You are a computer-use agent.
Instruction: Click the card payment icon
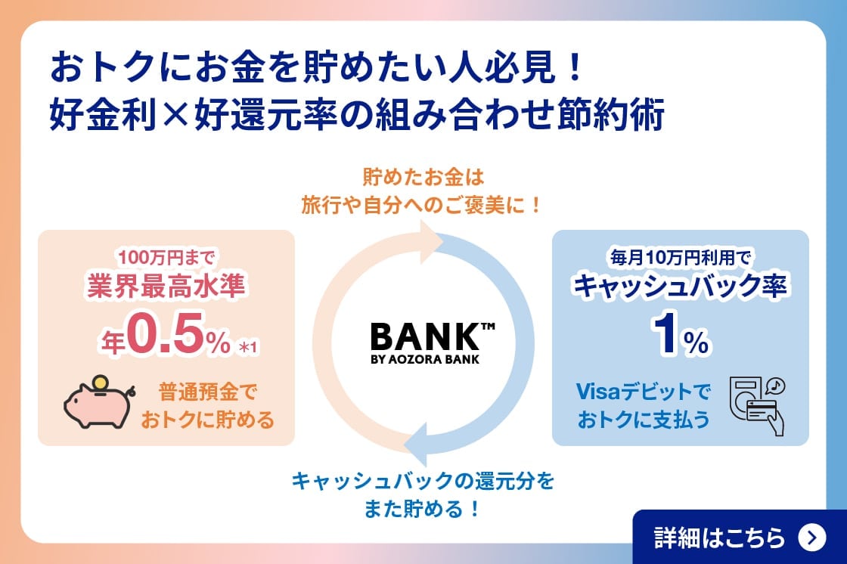pyautogui.click(x=757, y=404)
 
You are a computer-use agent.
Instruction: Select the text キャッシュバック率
pyautogui.click(x=681, y=287)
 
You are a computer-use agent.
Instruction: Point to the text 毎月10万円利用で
pyautogui.click(x=681, y=256)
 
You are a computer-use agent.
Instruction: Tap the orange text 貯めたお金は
pyautogui.click(x=423, y=178)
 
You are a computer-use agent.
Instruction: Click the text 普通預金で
pyautogui.click(x=208, y=392)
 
